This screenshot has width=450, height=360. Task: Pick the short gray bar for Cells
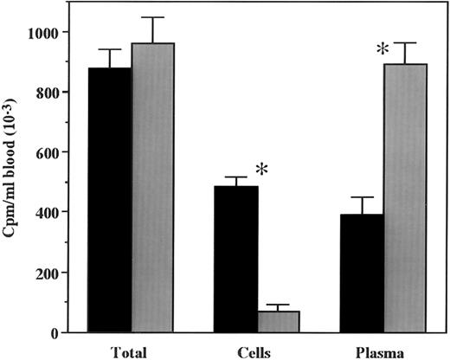click(278, 321)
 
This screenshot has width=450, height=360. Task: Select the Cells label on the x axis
click(257, 350)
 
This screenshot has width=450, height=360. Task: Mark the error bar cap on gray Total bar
click(151, 17)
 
